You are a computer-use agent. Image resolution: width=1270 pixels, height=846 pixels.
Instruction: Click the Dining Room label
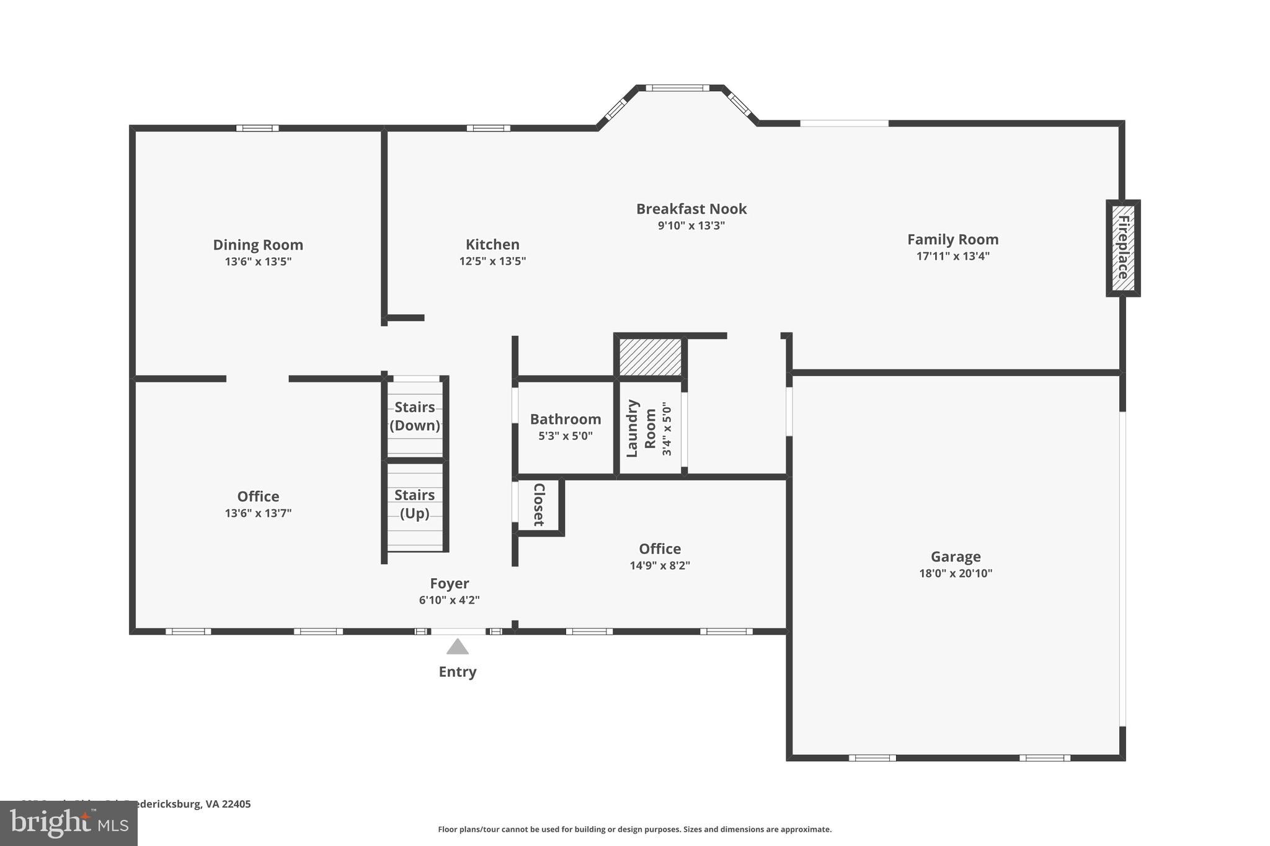coord(258,245)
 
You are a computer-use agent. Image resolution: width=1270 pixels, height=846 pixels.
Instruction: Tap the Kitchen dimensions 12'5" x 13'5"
coord(492,262)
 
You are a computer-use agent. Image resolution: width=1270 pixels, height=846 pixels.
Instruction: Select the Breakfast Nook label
coord(691,209)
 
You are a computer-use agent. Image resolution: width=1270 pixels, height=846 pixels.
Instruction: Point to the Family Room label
coord(952,239)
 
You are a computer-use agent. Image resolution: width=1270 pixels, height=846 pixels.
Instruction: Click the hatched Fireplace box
coord(1123,248)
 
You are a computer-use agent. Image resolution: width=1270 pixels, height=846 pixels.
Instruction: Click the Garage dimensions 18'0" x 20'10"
coord(955,573)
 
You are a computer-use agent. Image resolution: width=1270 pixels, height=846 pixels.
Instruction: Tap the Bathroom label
coord(565,419)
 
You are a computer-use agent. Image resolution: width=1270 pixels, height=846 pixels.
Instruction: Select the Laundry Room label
coord(641,428)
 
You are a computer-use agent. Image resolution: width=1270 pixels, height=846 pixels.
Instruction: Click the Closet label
coord(539,505)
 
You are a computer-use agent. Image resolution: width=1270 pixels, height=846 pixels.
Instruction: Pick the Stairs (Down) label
coord(414,416)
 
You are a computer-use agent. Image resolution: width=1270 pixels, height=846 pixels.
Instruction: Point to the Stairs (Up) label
coord(414,504)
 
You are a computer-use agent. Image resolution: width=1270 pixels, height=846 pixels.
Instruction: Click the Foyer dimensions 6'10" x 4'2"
coord(449,600)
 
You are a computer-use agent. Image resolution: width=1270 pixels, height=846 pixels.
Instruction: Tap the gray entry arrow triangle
coord(458,647)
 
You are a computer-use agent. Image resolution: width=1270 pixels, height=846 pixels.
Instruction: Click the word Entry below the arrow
coord(457,672)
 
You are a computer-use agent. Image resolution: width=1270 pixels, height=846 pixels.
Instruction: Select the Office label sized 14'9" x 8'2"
coord(659,549)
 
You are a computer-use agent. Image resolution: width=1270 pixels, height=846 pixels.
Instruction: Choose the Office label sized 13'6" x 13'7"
coord(258,496)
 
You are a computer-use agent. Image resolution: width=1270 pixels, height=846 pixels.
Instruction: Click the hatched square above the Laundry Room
coord(650,356)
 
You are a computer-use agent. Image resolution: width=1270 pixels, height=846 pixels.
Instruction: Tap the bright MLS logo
coord(68,823)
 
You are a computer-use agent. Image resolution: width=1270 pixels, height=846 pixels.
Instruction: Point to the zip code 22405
coord(237,804)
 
